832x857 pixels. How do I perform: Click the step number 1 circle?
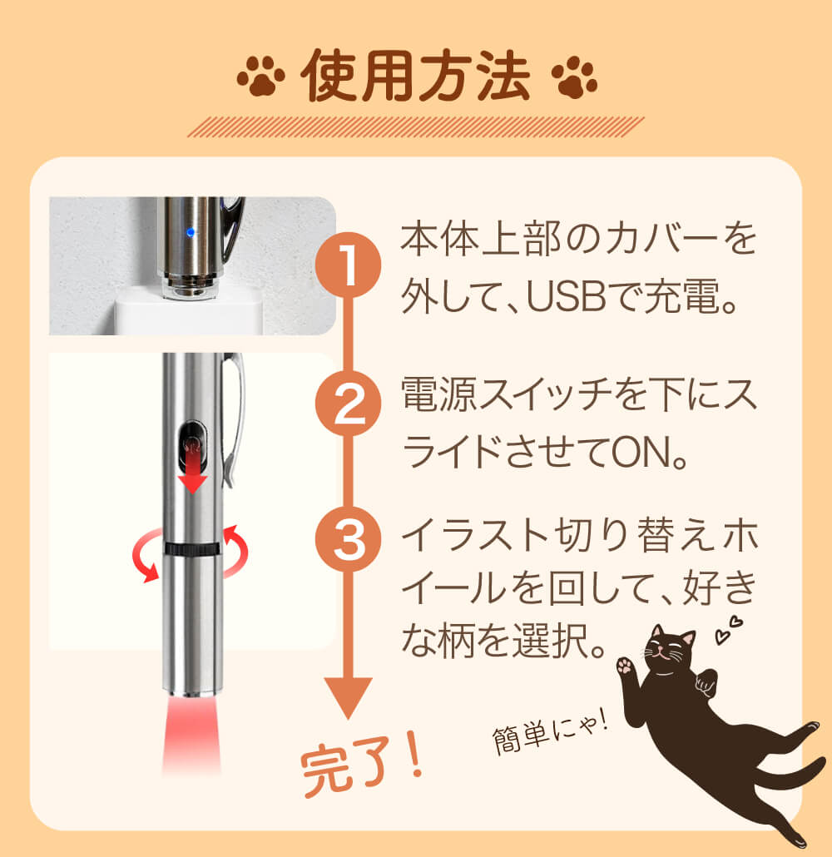(x=349, y=265)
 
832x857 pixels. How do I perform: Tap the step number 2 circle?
(x=349, y=404)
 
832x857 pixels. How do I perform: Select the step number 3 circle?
(x=349, y=539)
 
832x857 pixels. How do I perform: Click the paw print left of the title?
(x=260, y=76)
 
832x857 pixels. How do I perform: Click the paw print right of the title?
(x=575, y=77)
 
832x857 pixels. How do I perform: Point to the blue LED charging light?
(x=191, y=233)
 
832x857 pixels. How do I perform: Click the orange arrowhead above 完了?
(x=349, y=698)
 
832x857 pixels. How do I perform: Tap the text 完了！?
(x=363, y=765)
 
